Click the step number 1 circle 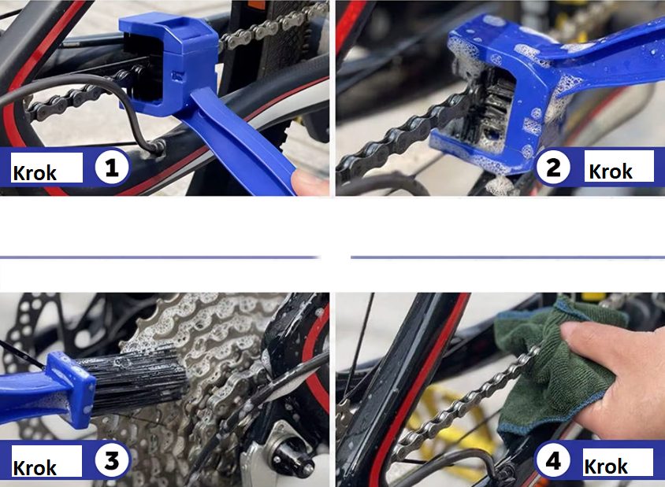click(111, 168)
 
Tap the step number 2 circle click(553, 167)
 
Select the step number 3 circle click(111, 461)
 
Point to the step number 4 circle click(553, 461)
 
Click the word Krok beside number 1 click(35, 173)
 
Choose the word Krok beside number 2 click(611, 172)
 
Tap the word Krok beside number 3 click(35, 468)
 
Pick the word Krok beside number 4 click(606, 467)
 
